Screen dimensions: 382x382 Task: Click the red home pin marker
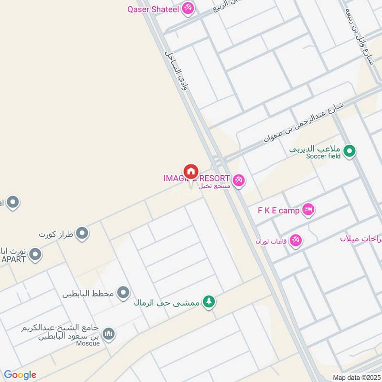(191, 171)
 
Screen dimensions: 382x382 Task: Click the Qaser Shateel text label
(153, 9)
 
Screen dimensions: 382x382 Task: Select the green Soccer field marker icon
(350, 151)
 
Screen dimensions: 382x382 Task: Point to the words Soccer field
(324, 156)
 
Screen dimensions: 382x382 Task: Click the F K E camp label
(278, 210)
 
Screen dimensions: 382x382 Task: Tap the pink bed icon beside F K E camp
(308, 210)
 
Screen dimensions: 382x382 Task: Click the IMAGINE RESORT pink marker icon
(239, 180)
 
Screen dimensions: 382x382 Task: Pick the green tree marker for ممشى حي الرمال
(208, 302)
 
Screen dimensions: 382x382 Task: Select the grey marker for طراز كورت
(83, 233)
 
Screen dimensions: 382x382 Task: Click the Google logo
(20, 375)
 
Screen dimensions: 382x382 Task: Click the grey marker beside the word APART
(35, 255)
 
